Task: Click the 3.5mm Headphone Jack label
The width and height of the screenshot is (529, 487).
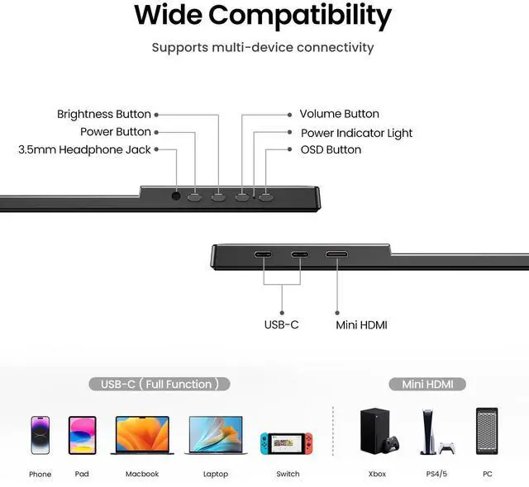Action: tap(85, 149)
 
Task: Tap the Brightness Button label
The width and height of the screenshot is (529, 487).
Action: tap(104, 114)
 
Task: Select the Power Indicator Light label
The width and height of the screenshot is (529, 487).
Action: tap(356, 133)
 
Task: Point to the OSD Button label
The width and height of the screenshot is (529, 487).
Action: tap(331, 149)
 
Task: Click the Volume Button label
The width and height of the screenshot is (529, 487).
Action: tap(339, 114)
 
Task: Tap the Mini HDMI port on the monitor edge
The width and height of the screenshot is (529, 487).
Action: tap(337, 255)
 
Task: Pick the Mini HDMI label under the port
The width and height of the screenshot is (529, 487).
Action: tap(361, 325)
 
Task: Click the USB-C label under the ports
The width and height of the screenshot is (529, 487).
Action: tap(281, 325)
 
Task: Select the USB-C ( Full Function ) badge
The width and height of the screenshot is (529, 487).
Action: tap(160, 384)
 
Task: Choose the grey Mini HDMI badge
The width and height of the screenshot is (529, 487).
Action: tap(427, 384)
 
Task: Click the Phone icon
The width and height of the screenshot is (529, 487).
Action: tap(40, 435)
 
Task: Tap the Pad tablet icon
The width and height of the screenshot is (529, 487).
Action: tap(82, 435)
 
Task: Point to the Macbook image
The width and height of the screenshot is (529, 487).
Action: tap(141, 435)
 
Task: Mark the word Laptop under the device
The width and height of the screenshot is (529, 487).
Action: tap(216, 475)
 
